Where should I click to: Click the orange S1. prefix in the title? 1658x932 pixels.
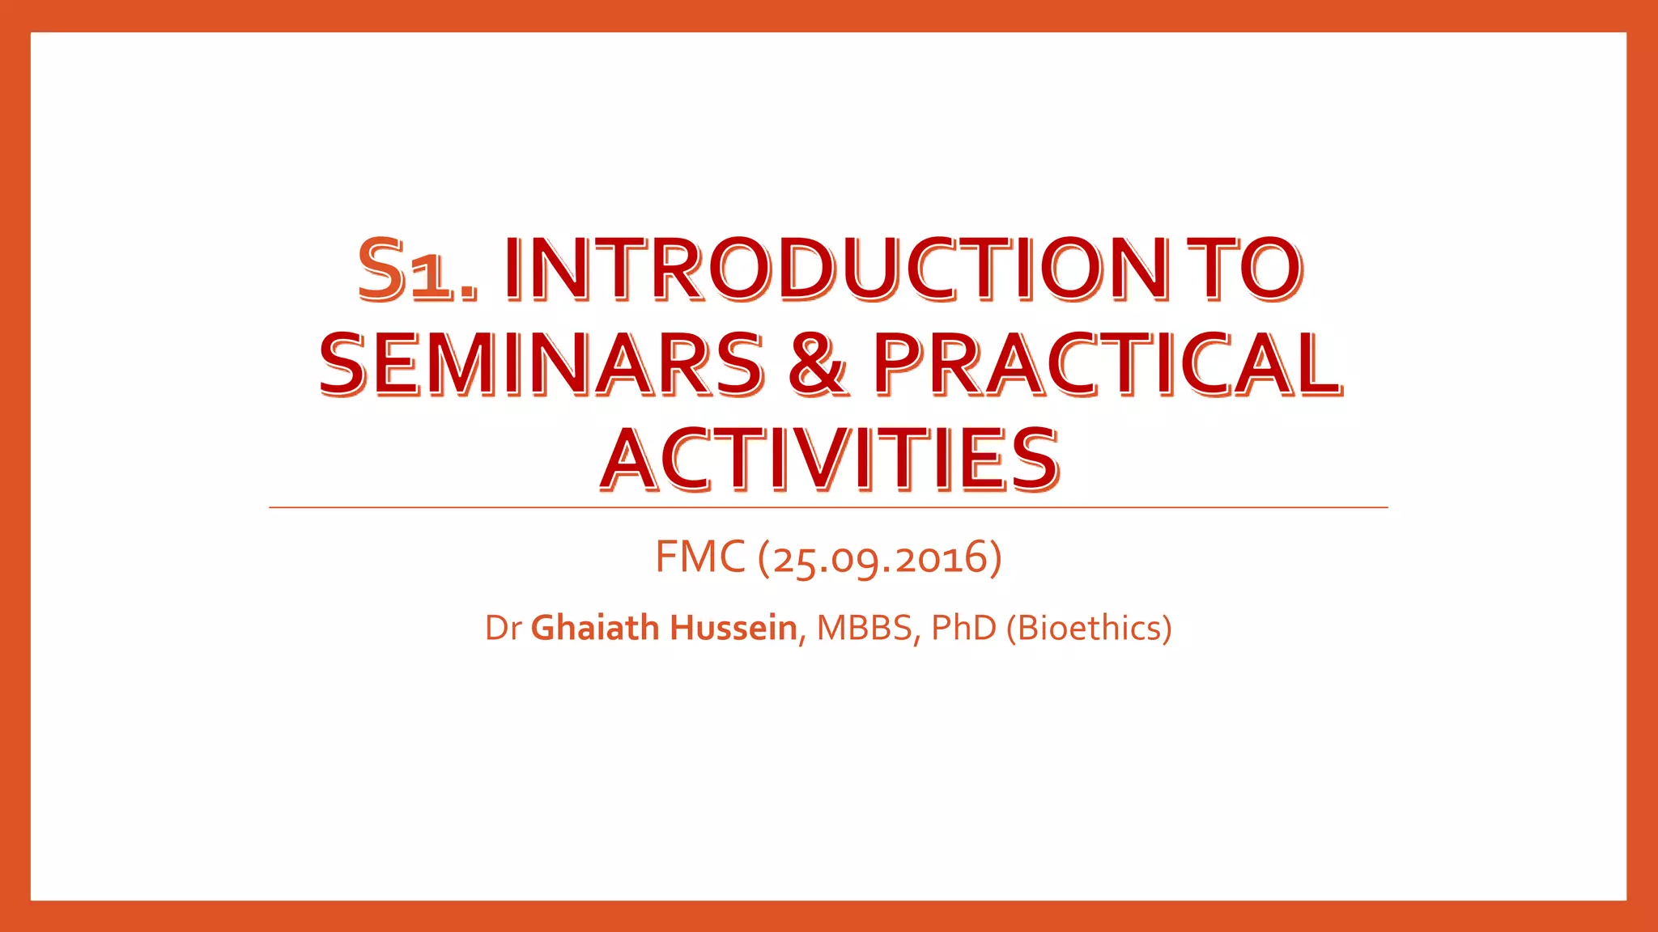tap(418, 270)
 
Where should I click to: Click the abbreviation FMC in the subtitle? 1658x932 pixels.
tap(699, 557)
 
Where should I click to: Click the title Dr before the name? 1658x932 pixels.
tap(502, 629)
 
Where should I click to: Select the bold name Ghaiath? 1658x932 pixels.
tap(595, 629)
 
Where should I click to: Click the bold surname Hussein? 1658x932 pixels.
tap(733, 629)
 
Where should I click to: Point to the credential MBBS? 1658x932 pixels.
tap(865, 629)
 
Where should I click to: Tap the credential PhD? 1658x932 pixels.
tap(963, 629)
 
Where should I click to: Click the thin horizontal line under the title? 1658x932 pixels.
tap(829, 507)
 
